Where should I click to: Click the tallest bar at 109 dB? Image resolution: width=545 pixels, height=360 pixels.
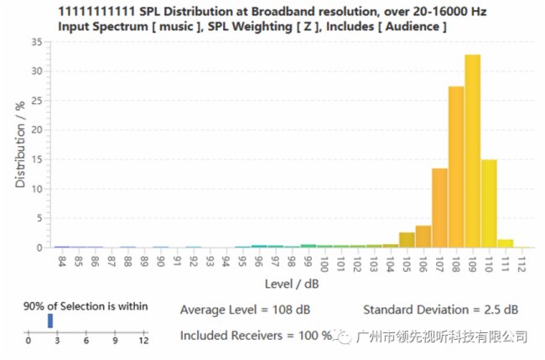click(472, 151)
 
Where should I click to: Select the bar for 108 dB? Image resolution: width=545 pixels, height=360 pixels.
click(456, 168)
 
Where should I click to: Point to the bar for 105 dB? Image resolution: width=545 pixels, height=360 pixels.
click(407, 240)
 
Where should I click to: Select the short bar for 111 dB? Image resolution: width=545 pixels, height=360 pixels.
click(506, 243)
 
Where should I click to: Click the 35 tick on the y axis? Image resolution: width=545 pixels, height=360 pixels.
click(37, 42)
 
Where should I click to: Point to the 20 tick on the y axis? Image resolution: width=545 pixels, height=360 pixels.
click(37, 130)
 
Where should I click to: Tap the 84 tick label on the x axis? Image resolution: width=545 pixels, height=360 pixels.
click(61, 261)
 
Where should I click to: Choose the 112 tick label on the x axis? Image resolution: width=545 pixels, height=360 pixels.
click(522, 263)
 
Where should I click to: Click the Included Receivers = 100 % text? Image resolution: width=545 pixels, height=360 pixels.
click(256, 336)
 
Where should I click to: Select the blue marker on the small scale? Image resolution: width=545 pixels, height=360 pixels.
click(50, 321)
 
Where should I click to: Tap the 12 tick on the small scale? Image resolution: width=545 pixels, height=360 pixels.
click(143, 340)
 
